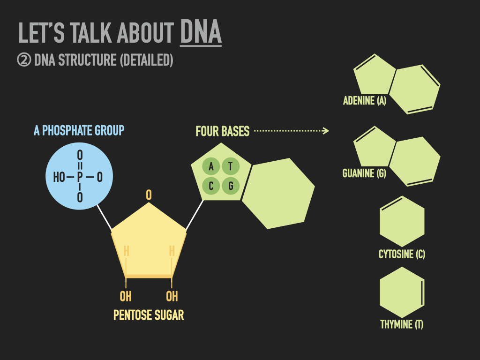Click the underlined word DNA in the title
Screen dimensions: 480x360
pos(201,31)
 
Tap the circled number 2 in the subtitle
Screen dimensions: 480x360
pos(24,60)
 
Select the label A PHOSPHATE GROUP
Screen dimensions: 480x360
pos(79,130)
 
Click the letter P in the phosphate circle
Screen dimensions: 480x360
pos(80,177)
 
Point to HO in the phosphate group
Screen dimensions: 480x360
pos(59,177)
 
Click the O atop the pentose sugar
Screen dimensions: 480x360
pos(149,195)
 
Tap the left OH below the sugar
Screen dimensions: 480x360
pos(126,296)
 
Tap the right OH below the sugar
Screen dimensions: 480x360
pos(172,296)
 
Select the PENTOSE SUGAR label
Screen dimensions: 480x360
pos(149,315)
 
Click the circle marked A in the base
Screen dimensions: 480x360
pos(211,166)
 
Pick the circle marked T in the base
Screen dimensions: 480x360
pos(231,166)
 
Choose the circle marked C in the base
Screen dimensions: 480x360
pos(211,186)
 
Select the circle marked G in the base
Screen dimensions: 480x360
pos(231,186)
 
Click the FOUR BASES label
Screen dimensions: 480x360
pos(223,131)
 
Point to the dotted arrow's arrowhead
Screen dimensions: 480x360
pos(326,131)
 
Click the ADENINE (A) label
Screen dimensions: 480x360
pos(365,101)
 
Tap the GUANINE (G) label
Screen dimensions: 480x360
pos(364,173)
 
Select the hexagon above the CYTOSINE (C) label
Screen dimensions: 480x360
pos(402,221)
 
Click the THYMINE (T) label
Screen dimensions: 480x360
pos(402,324)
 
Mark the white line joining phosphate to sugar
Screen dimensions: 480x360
pos(104,217)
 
